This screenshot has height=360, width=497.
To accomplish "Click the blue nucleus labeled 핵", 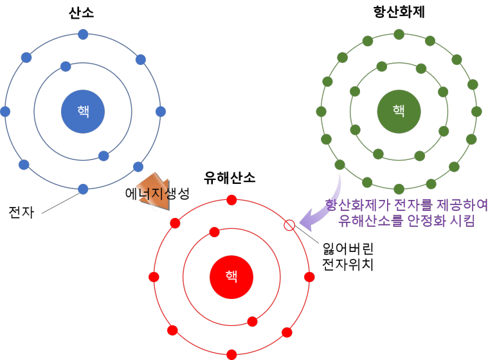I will (83, 112).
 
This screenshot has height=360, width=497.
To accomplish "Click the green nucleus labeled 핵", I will (399, 111).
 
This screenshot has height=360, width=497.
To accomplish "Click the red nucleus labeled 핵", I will (231, 277).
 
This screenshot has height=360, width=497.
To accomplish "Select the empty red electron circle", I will (289, 225).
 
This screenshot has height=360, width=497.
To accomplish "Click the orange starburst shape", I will (155, 192).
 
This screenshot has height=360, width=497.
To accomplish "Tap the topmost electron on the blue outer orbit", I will (83, 35).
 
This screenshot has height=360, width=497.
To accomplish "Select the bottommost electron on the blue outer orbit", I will (83, 189).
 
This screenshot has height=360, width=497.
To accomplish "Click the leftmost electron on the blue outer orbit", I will (5, 112).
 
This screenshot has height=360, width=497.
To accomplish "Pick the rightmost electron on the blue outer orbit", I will (161, 112).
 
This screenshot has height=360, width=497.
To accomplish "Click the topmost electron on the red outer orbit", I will (231, 200).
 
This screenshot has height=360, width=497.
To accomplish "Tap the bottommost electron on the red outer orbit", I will (231, 354).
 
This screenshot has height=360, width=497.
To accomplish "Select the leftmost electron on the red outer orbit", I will (154, 277).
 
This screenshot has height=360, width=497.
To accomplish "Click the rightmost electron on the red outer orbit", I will (309, 277).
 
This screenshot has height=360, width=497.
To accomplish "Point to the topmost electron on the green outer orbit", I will (399, 34).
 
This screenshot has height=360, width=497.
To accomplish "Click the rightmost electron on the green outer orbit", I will (476, 111).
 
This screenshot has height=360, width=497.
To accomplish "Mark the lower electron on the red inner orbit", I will (252, 321).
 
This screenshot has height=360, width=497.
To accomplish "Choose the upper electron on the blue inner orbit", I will (66, 66).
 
